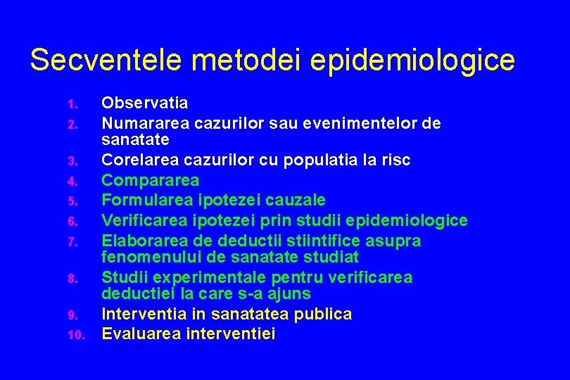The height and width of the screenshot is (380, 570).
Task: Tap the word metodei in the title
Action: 242,61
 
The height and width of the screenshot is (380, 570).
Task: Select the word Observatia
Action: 145,103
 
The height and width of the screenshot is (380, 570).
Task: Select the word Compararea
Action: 150,181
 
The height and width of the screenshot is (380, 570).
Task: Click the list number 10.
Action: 75,336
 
